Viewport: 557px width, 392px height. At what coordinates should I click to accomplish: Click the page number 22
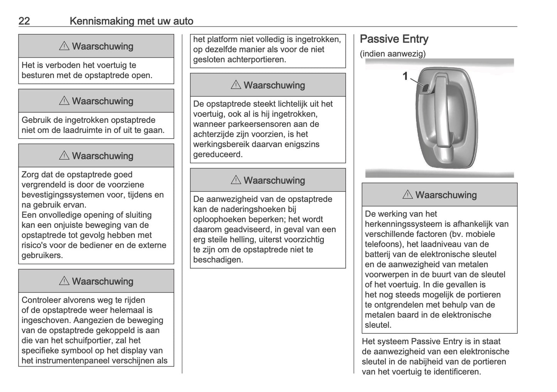24,21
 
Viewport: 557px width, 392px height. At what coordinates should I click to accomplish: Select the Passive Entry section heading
394,39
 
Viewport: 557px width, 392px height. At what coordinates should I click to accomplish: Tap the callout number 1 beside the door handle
405,76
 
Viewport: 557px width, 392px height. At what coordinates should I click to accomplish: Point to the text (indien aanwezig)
393,54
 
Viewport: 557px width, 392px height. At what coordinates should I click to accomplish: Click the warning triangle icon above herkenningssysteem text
407,195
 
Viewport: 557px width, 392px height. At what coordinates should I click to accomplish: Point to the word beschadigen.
219,260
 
